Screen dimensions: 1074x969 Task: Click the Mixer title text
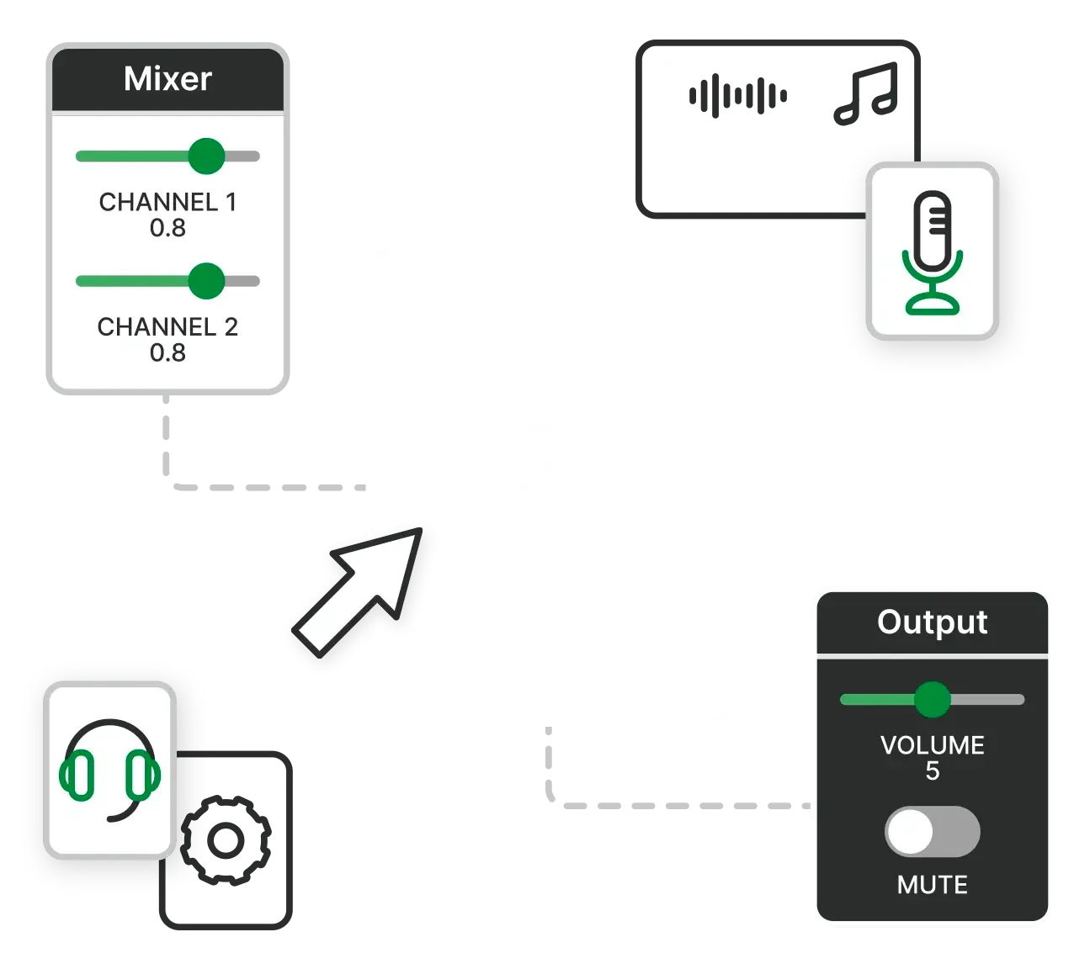click(x=167, y=79)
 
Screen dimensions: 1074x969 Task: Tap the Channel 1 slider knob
click(x=206, y=156)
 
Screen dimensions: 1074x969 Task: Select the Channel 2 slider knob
click(x=206, y=281)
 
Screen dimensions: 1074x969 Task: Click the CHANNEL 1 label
click(x=167, y=202)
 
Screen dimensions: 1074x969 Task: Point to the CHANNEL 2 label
click(x=167, y=327)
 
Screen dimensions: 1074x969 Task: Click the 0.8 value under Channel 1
click(x=167, y=228)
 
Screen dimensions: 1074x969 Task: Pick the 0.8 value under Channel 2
click(x=167, y=352)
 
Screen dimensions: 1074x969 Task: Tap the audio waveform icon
click(x=738, y=97)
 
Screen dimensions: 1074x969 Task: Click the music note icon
click(x=865, y=93)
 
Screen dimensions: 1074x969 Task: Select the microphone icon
click(x=932, y=252)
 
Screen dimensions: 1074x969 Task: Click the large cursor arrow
click(x=358, y=592)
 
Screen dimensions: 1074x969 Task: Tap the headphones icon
click(x=109, y=770)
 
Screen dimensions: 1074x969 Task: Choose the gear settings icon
click(x=226, y=840)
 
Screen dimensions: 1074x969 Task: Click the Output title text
click(x=932, y=622)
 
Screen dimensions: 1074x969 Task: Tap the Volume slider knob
click(x=932, y=699)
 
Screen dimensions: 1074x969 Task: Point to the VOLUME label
click(x=932, y=745)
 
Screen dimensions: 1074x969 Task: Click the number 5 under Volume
click(x=932, y=771)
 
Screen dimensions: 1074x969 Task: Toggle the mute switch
click(x=932, y=832)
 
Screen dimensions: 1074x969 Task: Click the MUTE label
click(x=932, y=885)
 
